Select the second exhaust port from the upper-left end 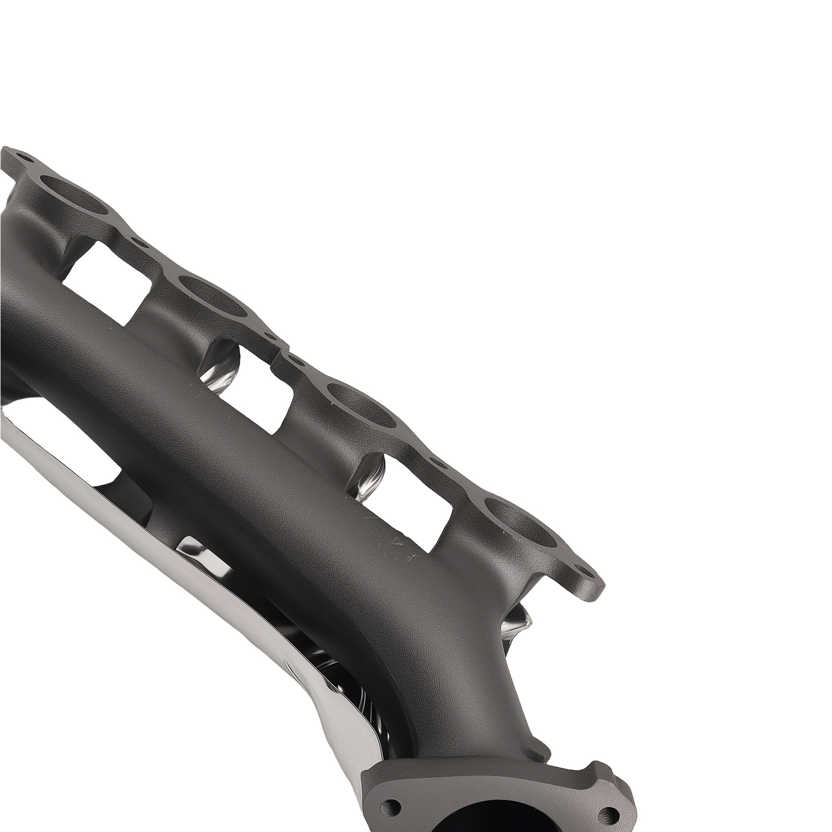pyautogui.click(x=213, y=296)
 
